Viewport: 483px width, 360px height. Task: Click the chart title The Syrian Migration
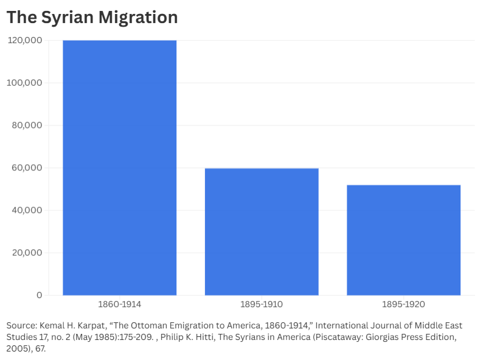(92, 18)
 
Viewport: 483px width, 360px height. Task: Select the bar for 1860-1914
(119, 168)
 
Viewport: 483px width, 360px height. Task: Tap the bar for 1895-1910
(262, 232)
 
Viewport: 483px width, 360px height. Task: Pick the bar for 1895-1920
(403, 240)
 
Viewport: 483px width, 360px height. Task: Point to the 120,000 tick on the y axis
(25, 40)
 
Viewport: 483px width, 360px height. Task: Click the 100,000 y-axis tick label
(25, 83)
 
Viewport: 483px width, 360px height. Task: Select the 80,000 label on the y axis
(27, 125)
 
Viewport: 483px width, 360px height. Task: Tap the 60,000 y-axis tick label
(27, 168)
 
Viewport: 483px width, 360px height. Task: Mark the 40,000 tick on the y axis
(27, 210)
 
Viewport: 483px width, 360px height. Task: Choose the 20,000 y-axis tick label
(27, 253)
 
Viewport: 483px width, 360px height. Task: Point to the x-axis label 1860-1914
(119, 304)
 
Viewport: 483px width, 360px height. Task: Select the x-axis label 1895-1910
(262, 304)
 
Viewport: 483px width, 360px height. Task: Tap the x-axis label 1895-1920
(403, 304)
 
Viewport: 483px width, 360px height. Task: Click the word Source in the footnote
(21, 325)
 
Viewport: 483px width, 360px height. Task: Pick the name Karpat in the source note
(99, 325)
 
